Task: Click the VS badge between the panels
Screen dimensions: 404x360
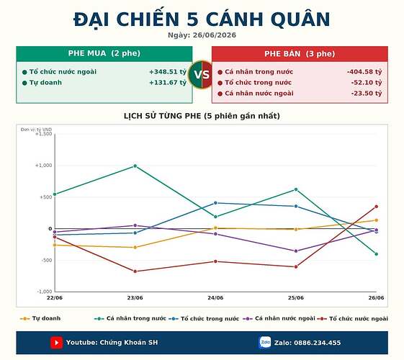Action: click(x=202, y=75)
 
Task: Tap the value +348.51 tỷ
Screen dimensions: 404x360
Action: click(x=168, y=72)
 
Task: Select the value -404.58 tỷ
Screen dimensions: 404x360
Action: click(x=364, y=72)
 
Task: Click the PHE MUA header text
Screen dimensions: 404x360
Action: click(x=104, y=53)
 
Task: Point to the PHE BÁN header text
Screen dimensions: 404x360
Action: click(x=300, y=54)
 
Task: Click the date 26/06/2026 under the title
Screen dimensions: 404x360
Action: click(x=215, y=35)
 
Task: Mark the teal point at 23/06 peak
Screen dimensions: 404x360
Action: click(x=135, y=166)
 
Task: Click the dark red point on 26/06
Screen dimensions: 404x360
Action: click(x=377, y=207)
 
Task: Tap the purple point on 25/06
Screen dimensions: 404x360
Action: click(x=296, y=251)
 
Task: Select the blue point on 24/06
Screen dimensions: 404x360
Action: click(x=215, y=203)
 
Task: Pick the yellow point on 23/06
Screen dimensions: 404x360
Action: click(x=135, y=248)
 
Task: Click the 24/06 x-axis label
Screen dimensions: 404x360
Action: click(x=215, y=298)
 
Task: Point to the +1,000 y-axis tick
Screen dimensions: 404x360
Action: click(x=43, y=166)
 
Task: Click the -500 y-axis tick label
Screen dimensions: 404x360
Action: click(x=47, y=261)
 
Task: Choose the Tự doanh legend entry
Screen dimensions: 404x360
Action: click(x=40, y=318)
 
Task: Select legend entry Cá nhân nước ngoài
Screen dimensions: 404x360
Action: click(x=279, y=318)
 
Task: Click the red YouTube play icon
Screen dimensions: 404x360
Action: click(x=56, y=343)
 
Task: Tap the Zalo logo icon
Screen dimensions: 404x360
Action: click(x=265, y=343)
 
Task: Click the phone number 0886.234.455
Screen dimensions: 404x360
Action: click(x=317, y=343)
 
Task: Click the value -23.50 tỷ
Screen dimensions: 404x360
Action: click(x=367, y=93)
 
